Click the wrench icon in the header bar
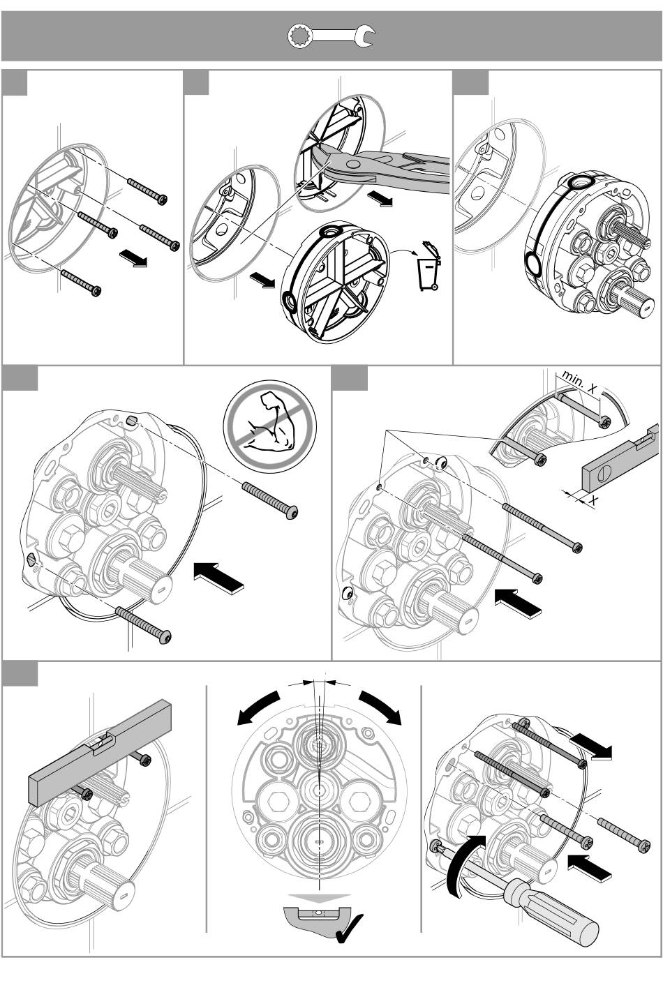tap(331, 36)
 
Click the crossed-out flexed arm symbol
tap(270, 426)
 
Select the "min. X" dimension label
tap(580, 382)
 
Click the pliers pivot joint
tap(352, 165)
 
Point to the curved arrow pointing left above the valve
tap(258, 707)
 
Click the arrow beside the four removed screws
tap(133, 257)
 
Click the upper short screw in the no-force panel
tap(270, 500)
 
